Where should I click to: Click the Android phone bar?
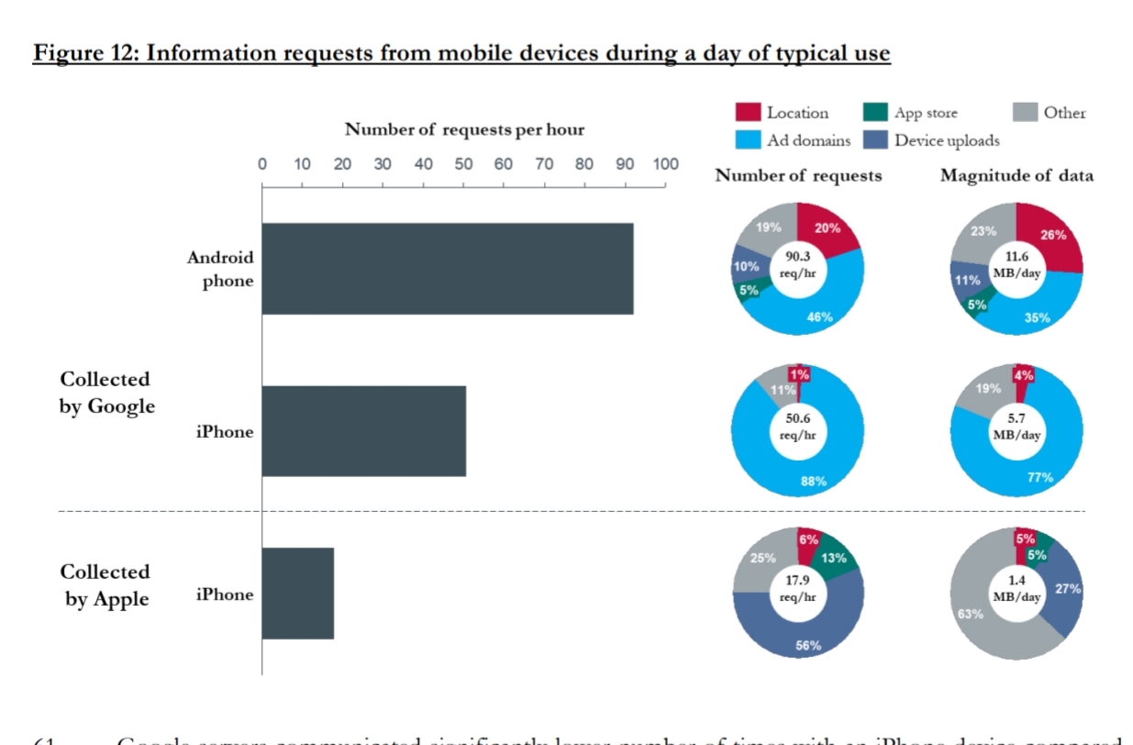[448, 269]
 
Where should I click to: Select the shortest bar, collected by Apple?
[298, 594]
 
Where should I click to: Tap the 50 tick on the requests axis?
[463, 165]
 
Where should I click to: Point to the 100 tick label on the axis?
[664, 165]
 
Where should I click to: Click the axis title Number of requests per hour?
[464, 129]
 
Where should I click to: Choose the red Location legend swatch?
[749, 113]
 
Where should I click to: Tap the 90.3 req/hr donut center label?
[797, 265]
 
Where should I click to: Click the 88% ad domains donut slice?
[812, 480]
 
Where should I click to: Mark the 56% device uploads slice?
[807, 642]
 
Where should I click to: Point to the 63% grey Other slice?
[971, 612]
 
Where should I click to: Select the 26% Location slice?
[1051, 236]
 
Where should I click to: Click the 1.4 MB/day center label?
[1016, 588]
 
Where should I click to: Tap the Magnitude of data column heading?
[1016, 176]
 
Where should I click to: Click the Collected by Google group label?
[107, 393]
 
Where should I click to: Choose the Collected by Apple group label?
[106, 585]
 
